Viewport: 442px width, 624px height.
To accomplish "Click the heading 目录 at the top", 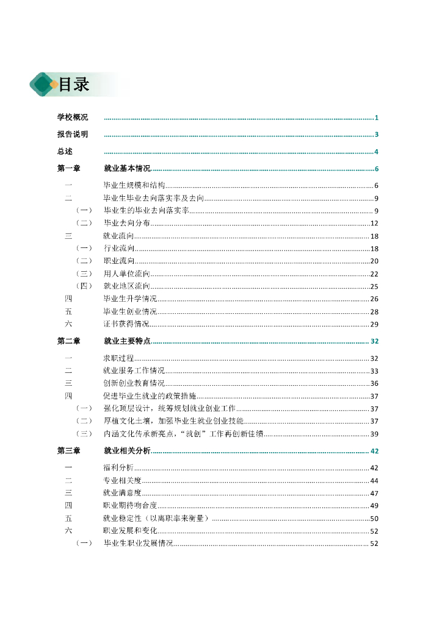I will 74,85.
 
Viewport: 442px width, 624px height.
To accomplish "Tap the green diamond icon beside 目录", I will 43,84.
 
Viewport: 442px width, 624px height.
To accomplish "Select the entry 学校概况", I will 72,118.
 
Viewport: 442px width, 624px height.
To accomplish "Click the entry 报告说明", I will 72,135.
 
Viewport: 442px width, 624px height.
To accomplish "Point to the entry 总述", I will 65,152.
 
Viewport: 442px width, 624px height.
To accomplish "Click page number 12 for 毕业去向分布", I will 374,223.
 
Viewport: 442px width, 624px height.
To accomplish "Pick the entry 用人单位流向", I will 126,274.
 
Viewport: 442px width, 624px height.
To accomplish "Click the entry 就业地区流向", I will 126,286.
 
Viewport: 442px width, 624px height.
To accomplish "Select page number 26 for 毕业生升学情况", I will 374,299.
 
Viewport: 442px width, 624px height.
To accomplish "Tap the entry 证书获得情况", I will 126,324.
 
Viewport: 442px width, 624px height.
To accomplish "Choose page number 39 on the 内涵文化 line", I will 374,434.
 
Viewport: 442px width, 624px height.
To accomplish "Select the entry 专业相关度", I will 122,481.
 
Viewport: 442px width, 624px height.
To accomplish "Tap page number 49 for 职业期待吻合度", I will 374,506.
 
